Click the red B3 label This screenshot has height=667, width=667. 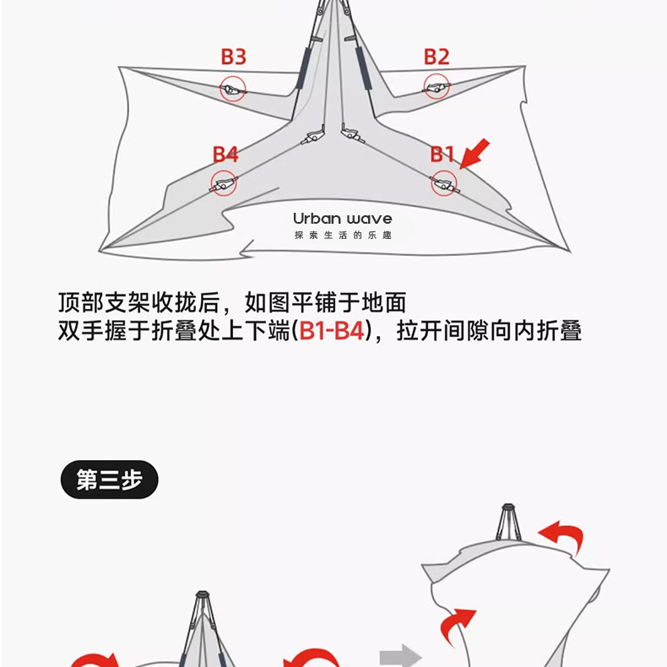coord(233,57)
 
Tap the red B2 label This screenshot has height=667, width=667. coord(437,57)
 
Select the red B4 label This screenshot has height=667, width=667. coord(225,155)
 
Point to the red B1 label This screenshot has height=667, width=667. coord(442,155)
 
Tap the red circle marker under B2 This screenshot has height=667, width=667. coord(437,87)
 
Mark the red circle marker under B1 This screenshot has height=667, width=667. coord(443,182)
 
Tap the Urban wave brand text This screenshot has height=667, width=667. coord(343,219)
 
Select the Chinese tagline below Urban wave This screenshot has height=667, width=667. coord(343,235)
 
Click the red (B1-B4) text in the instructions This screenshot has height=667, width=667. coord(331,331)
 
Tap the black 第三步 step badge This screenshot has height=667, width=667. coord(109,480)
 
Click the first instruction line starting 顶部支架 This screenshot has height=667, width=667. coord(232,301)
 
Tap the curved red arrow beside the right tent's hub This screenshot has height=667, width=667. coord(561,536)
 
